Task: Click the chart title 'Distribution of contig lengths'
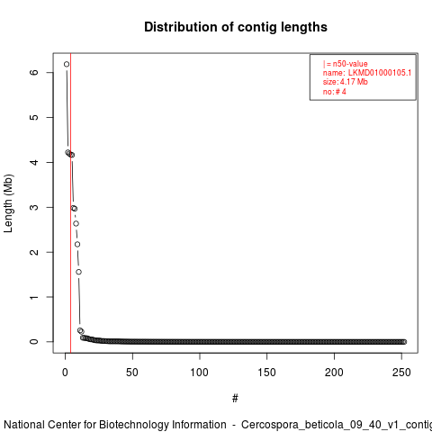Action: pos(236,27)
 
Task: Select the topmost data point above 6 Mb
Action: pos(67,64)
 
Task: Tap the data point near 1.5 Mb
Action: pos(78,272)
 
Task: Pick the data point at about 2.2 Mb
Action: pos(77,244)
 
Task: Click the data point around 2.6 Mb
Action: pos(76,223)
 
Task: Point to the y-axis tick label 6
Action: pos(34,72)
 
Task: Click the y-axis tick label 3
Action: pos(34,207)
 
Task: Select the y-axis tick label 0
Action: pos(34,342)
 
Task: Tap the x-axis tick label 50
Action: pos(132,373)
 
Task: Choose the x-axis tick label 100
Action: pos(199,373)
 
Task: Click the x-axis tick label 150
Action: pos(266,373)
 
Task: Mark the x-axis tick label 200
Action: pos(334,373)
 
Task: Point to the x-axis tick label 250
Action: pos(401,373)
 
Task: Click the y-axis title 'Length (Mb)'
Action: pos(8,203)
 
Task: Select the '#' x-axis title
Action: pos(235,399)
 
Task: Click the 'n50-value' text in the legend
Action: pos(350,64)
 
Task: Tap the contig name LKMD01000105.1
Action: pos(380,73)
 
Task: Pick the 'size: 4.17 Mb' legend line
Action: pos(346,82)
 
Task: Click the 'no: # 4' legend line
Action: pos(335,92)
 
